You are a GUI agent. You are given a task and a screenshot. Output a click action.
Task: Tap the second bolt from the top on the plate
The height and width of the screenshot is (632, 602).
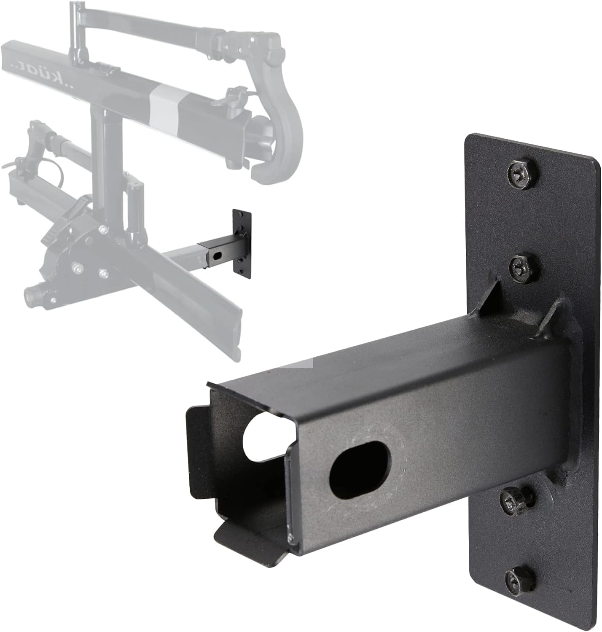click(x=519, y=268)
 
